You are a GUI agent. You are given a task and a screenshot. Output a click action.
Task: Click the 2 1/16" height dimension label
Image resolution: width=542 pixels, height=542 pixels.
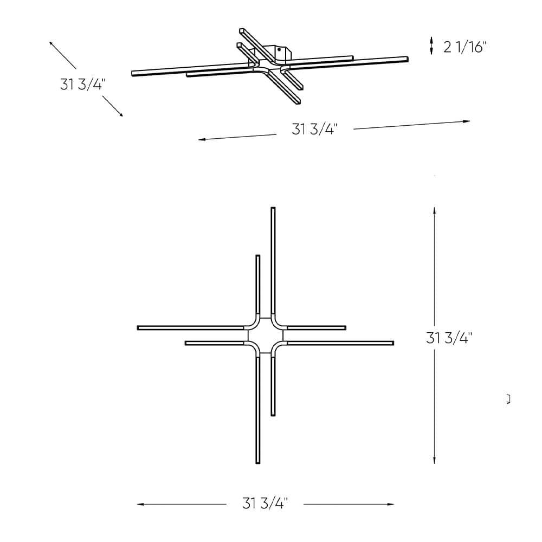pos(465,47)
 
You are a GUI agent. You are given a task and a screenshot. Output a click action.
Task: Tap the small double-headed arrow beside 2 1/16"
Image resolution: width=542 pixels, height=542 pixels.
pos(431,46)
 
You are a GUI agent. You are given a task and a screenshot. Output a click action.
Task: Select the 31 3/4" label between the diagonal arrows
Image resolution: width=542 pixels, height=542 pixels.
pos(83,85)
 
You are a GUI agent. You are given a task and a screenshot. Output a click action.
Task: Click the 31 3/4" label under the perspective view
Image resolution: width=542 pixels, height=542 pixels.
pos(314,130)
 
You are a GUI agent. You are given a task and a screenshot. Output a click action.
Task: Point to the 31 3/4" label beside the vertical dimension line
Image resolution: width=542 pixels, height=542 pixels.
pos(449,338)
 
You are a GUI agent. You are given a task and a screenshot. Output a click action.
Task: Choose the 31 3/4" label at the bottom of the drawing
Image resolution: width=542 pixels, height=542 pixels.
pos(264,504)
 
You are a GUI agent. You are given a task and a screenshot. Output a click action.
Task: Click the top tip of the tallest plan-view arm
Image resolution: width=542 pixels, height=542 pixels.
pos(273,209)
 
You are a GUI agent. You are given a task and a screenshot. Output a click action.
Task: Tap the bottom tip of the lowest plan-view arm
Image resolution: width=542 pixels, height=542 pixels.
pos(258,462)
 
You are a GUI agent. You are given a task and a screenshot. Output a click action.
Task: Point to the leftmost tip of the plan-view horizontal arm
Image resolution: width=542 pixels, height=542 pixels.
pos(139,328)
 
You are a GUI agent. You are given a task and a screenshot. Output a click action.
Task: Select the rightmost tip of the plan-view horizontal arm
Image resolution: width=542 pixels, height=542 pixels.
pos(392,343)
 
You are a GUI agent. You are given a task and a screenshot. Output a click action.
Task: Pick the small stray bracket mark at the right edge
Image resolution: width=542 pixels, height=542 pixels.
pos(508,400)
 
